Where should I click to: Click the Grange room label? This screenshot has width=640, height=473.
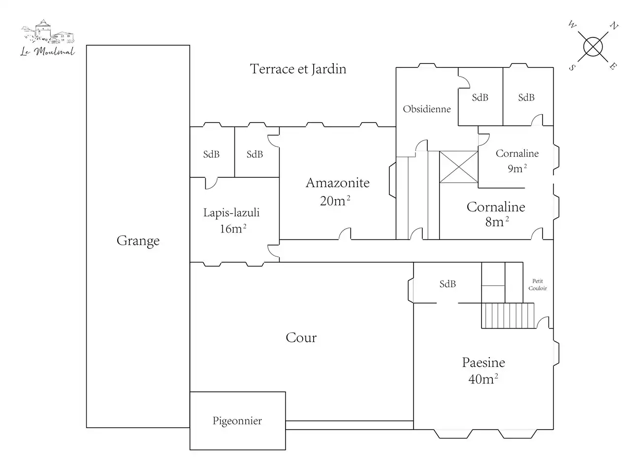(138, 241)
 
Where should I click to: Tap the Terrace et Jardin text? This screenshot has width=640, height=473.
(298, 69)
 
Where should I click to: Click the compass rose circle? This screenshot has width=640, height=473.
(593, 46)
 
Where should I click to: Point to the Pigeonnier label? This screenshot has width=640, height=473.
(237, 421)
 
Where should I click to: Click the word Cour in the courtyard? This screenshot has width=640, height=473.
(301, 338)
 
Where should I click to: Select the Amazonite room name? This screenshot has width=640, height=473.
(337, 183)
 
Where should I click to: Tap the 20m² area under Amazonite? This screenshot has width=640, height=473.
(335, 201)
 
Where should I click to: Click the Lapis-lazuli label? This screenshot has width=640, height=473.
(231, 213)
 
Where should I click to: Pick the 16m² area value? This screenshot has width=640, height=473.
(233, 229)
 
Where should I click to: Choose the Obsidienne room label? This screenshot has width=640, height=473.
(427, 109)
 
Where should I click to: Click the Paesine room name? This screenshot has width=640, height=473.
(483, 363)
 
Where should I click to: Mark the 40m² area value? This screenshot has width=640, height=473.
(482, 379)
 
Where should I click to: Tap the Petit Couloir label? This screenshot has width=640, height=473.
(538, 285)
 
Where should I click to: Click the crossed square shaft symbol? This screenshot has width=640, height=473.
(458, 167)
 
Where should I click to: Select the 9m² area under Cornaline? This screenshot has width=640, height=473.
(517, 169)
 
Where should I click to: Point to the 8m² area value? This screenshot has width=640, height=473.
(496, 222)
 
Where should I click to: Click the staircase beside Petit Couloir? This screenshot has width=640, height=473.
(508, 315)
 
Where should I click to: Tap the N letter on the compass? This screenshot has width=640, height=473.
(614, 26)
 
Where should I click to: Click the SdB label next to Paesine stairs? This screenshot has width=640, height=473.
(448, 284)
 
